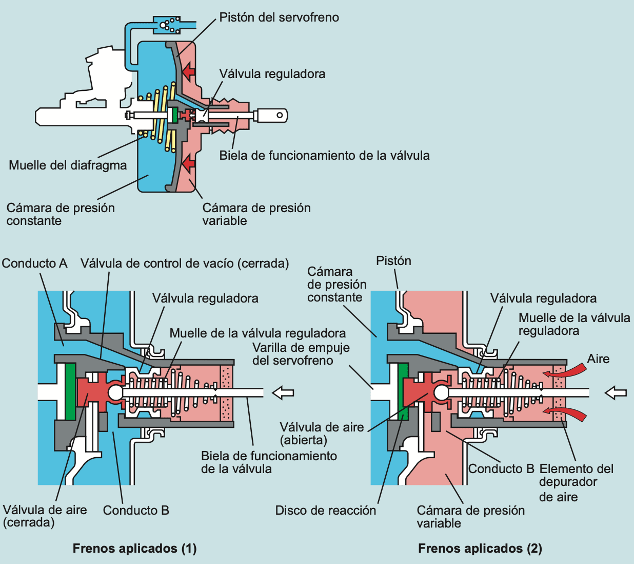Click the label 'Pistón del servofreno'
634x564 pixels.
pos(279,17)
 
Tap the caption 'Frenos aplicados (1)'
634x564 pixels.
pos(134,549)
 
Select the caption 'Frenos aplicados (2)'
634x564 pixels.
pos(480,549)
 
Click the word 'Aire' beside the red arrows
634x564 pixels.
pos(598,359)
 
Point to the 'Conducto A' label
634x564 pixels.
pos(34,263)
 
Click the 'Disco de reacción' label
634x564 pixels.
pos(325,511)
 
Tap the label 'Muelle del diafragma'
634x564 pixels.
pos(68,165)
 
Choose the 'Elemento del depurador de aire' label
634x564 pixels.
pos(576,482)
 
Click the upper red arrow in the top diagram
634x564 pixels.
pos(189,72)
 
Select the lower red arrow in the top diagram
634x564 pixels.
pos(189,163)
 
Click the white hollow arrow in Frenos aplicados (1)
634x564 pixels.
pos(283,392)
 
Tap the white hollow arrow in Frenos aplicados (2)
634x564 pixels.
pos(616,392)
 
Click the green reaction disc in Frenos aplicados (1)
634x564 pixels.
pos(70,391)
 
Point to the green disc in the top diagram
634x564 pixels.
pos(175,115)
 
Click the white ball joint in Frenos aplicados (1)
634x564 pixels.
pos(115,392)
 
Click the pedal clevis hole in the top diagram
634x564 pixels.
pos(280,115)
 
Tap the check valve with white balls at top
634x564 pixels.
pos(167,25)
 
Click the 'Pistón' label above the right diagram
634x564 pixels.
pos(393,261)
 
